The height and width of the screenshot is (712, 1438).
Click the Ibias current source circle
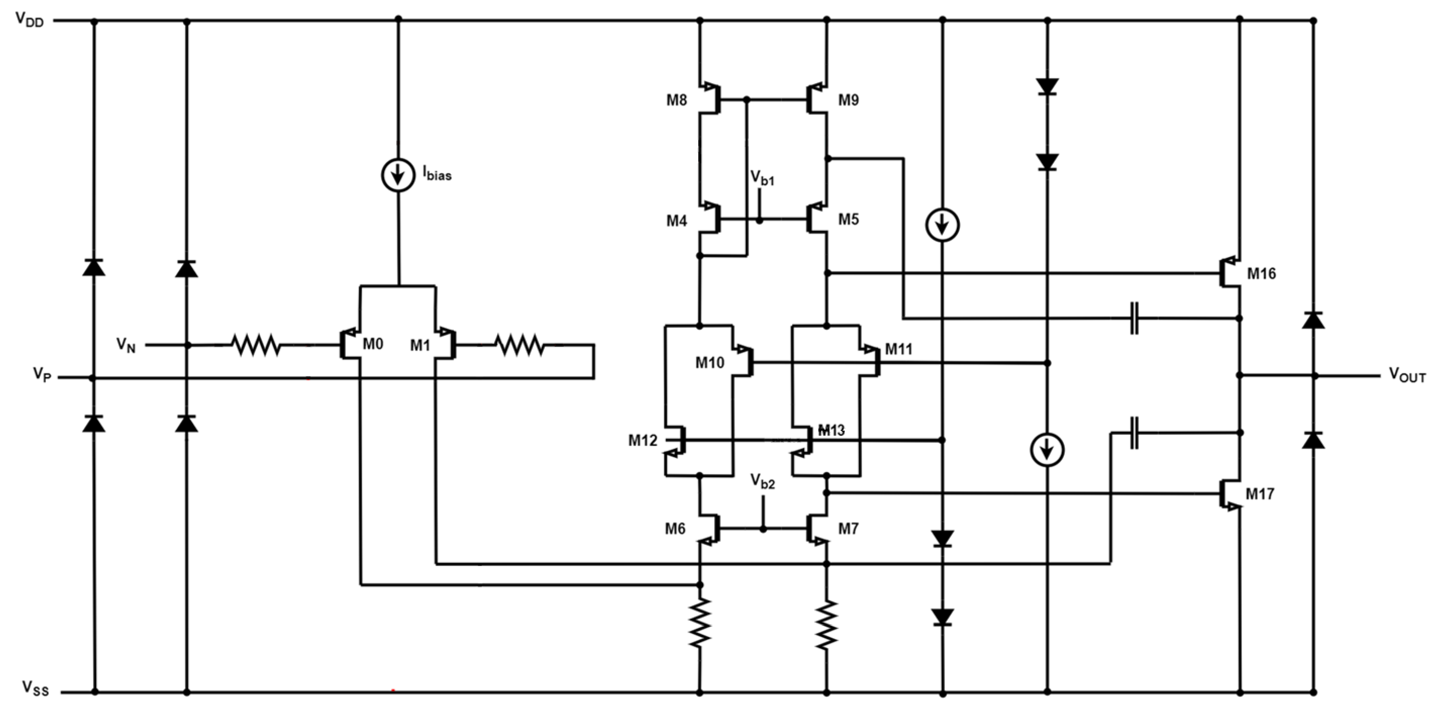coord(398,175)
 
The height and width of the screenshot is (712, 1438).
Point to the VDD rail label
coord(29,20)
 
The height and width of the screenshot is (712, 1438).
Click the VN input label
coord(126,345)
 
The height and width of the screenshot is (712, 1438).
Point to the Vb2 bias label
coord(763,481)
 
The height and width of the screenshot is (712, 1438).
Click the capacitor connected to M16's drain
coord(1134,318)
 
